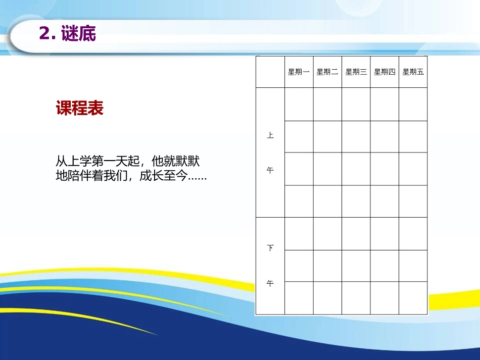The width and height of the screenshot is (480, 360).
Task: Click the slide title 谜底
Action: point(78,34)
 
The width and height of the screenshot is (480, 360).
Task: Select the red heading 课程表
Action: point(80,109)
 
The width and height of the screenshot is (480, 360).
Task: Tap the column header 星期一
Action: point(299,72)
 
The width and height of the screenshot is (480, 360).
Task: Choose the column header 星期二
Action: point(327,72)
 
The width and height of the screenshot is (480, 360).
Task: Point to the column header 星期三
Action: point(356,72)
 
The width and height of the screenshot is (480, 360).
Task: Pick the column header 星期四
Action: point(385,72)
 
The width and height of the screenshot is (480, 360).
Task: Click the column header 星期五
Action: point(413,72)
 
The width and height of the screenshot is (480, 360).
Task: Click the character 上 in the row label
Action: point(270,136)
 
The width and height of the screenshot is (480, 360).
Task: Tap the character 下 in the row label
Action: point(270,248)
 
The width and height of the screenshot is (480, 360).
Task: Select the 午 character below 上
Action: point(270,171)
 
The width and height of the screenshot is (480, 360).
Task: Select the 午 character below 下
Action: point(270,284)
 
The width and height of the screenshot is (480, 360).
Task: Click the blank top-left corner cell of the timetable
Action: point(270,72)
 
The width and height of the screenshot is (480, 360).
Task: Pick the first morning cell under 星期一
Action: point(299,105)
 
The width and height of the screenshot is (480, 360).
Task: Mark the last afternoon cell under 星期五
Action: point(413,297)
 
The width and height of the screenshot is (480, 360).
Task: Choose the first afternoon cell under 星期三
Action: point(356,234)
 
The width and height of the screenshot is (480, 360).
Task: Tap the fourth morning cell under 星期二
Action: point(327,201)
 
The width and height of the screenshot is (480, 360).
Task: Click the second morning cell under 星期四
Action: point(385,136)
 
